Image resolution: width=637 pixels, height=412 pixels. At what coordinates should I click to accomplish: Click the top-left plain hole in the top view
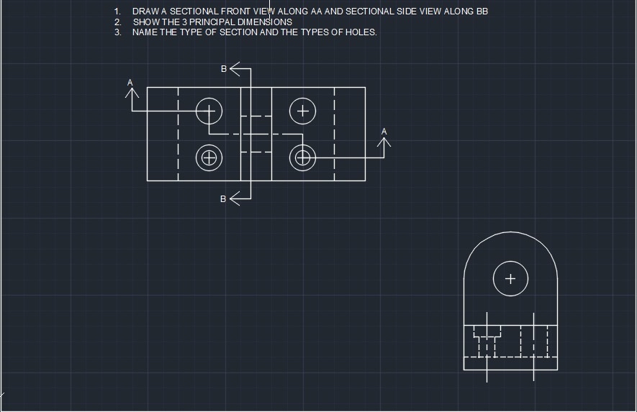[x=209, y=111]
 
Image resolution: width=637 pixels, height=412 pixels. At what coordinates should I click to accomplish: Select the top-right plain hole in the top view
[x=302, y=111]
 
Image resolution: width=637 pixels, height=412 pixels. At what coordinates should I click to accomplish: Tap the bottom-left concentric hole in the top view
[x=209, y=157]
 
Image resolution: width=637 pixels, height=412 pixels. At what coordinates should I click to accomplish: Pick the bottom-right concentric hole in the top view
[x=302, y=157]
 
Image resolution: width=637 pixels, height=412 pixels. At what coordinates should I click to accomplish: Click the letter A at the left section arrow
[x=130, y=83]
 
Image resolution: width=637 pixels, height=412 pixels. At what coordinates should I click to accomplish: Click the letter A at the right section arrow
[x=384, y=132]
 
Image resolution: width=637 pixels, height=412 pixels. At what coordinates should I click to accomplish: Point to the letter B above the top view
[x=224, y=69]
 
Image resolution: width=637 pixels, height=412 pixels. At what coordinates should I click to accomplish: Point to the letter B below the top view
[x=223, y=199]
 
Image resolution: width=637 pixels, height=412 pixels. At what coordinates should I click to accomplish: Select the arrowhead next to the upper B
[x=235, y=69]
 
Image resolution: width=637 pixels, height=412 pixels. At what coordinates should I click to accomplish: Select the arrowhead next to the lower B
[x=235, y=199]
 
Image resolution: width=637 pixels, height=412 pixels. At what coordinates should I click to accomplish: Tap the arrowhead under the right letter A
[x=384, y=142]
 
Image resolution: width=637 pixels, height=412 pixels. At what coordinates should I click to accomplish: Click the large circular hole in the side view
[x=510, y=278]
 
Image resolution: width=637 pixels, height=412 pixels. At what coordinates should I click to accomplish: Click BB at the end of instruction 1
[x=482, y=12]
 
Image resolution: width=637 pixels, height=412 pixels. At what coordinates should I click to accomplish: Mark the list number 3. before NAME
[x=117, y=32]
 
